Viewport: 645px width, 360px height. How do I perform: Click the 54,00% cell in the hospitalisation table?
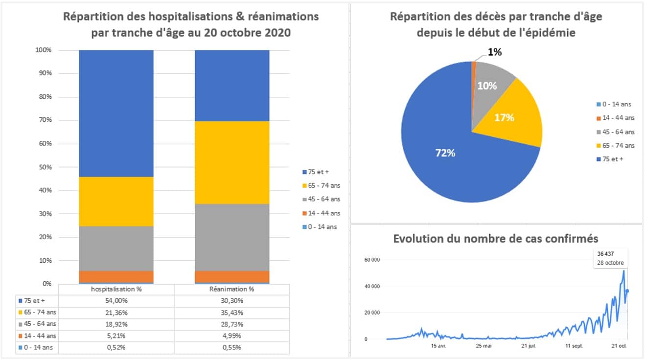(116, 301)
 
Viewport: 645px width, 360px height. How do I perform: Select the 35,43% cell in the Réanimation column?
(232, 313)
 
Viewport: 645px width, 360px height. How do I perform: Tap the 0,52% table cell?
(116, 348)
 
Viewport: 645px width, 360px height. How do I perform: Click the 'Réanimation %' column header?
(232, 289)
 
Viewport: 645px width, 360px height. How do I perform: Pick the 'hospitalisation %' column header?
(116, 289)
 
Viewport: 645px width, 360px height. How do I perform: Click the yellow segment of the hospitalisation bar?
(116, 202)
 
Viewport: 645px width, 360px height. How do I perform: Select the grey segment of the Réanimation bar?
(232, 237)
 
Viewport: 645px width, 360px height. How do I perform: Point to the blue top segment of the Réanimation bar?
(232, 86)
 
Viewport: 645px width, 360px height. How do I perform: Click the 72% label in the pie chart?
(445, 153)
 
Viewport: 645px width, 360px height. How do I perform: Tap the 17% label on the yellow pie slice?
(504, 118)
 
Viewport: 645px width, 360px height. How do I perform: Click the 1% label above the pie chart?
(494, 52)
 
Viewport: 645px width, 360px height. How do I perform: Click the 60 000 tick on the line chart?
(372, 260)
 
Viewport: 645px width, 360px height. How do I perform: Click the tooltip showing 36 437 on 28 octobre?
(608, 258)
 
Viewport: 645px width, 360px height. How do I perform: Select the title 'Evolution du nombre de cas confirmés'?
(496, 239)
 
